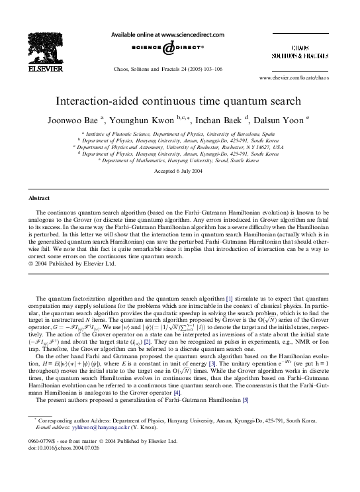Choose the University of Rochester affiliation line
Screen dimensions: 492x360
(180, 146)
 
